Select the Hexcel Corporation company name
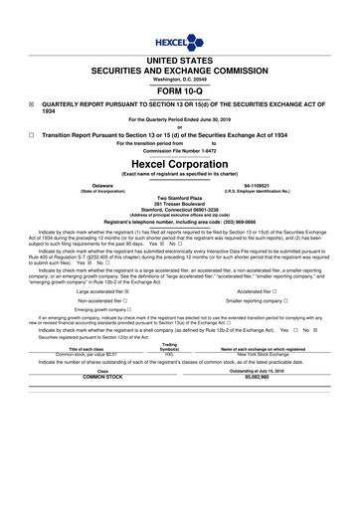click(179, 163)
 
